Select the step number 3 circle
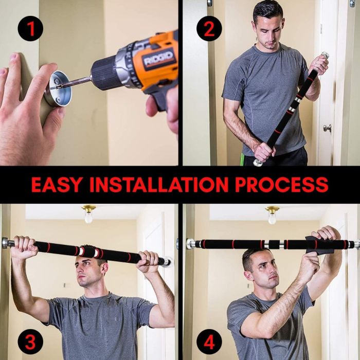pyautogui.click(x=30, y=341)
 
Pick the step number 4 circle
pyautogui.click(x=209, y=341)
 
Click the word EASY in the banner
pyautogui.click(x=56, y=185)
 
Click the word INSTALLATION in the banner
pyautogui.click(x=158, y=185)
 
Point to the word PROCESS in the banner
pyautogui.click(x=282, y=185)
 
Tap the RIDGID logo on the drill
pyautogui.click(x=158, y=58)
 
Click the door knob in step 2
pyautogui.click(x=327, y=128)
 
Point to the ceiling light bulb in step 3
pyautogui.click(x=88, y=218)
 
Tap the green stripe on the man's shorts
pyautogui.click(x=242, y=159)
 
